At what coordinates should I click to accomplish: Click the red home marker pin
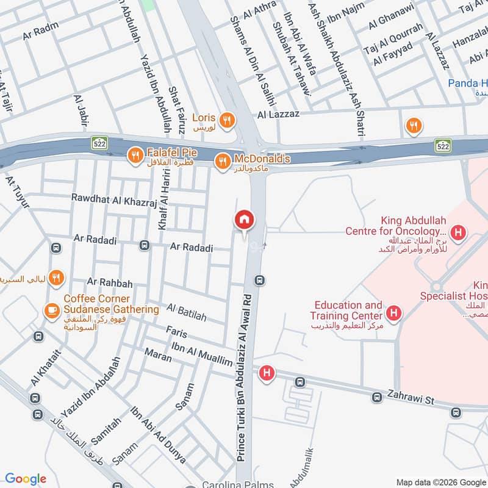click(245, 220)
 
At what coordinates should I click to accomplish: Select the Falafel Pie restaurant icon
click(134, 156)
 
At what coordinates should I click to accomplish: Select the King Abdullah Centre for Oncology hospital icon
click(459, 232)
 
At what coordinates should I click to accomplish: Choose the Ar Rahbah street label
click(109, 281)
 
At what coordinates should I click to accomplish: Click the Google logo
click(26, 479)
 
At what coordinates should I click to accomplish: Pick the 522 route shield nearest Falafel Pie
click(99, 144)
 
